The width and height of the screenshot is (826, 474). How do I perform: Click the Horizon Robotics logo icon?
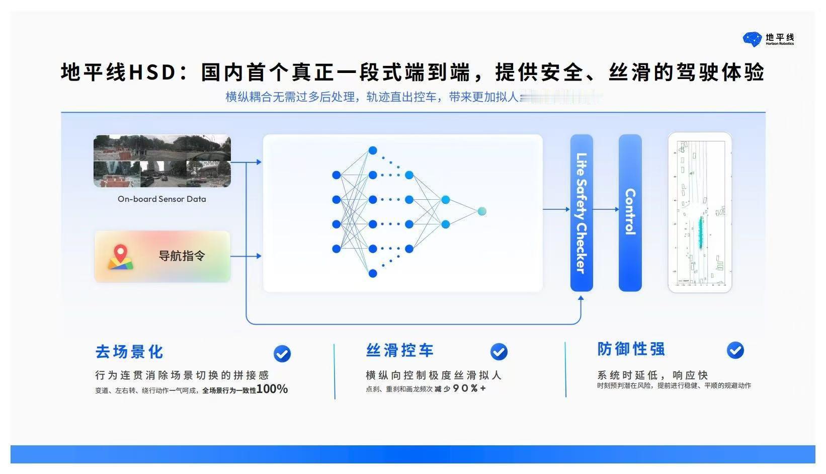[x=753, y=39]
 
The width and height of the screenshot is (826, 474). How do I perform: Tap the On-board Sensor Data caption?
[x=162, y=199]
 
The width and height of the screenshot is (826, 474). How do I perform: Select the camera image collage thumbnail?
[x=162, y=161]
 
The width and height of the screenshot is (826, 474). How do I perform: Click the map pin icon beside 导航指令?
[x=120, y=257]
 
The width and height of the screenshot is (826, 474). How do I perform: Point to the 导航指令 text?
[x=182, y=256]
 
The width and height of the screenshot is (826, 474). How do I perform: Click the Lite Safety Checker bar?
[x=582, y=213]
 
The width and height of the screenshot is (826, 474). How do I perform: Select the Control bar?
[x=630, y=213]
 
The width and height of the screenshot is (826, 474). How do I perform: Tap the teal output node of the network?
[x=482, y=211]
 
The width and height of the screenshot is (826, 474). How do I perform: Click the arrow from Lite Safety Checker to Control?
[x=606, y=209]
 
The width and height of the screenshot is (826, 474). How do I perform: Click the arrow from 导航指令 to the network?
[x=246, y=256]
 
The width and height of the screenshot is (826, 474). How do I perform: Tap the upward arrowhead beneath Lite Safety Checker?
[x=581, y=299]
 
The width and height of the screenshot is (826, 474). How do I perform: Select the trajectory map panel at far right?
[x=700, y=212]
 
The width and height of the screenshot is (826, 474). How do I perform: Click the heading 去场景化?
[x=129, y=352]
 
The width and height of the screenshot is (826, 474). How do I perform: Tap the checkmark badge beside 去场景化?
[x=282, y=354]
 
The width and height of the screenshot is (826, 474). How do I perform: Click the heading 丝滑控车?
[x=400, y=350]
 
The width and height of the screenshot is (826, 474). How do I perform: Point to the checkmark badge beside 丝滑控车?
[x=499, y=352]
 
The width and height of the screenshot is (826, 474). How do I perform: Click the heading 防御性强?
[x=631, y=349]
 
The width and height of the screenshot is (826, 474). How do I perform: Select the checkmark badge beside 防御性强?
[x=735, y=350]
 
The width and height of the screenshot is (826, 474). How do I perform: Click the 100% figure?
[x=272, y=389]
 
